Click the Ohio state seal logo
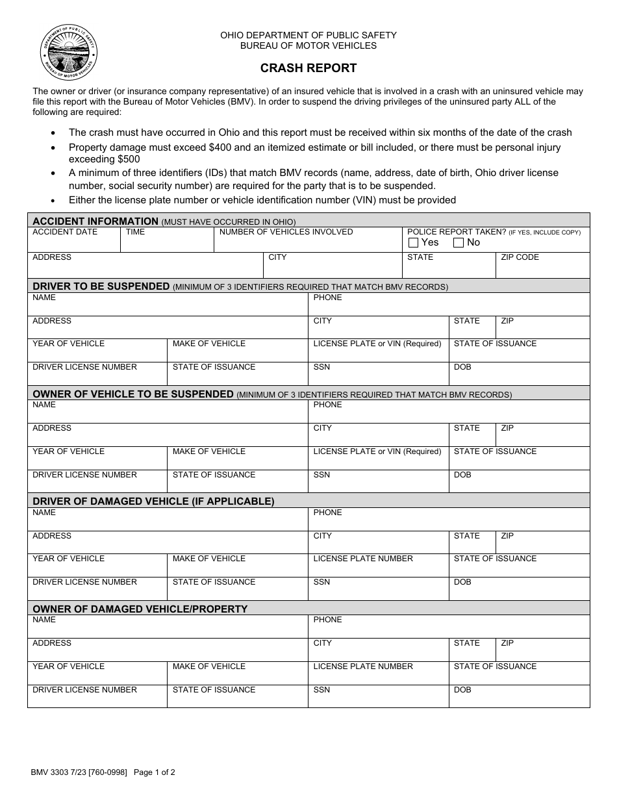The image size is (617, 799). pos(69,53)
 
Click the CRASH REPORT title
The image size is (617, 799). pos(308,68)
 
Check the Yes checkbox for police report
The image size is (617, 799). pos(414,243)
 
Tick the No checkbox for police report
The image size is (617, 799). pos(459,243)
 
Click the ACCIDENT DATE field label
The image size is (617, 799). pos(65,232)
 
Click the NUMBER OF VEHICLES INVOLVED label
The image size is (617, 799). pos(286,232)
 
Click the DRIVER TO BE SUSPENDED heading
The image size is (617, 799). pos(101,286)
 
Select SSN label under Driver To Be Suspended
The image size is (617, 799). pos(321,367)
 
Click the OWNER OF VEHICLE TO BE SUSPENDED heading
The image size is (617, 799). pos(132,394)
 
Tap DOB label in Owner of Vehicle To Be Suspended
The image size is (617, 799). pos(462,475)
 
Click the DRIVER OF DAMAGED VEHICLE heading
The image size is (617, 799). pos(153,501)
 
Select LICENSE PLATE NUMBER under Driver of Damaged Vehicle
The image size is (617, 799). pos(363,559)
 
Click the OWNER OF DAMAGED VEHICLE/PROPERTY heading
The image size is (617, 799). pos(140,609)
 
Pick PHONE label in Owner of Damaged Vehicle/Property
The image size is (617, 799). pos(327,620)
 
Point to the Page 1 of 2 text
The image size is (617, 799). pos(154,772)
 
